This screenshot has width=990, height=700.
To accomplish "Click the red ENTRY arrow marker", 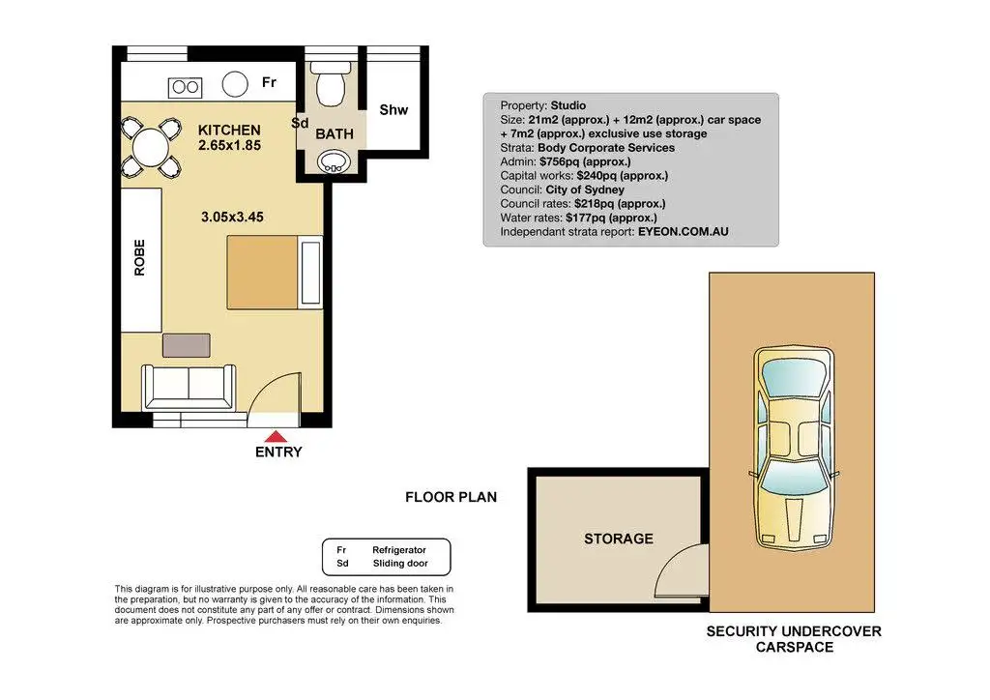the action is [276, 436].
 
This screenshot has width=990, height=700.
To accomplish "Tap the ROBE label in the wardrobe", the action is [139, 257].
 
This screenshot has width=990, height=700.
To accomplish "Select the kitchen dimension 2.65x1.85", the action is [229, 145].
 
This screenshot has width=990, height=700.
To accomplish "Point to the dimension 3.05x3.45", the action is [232, 218].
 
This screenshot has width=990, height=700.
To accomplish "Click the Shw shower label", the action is [393, 110].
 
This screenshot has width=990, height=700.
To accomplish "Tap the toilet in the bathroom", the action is [331, 83].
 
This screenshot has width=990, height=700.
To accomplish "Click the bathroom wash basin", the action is [334, 161].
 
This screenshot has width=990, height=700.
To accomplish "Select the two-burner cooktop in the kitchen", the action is [185, 87].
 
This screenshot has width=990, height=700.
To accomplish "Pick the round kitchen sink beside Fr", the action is [235, 84].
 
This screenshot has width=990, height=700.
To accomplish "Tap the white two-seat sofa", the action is [189, 387].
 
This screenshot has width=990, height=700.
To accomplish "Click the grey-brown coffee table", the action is [187, 345].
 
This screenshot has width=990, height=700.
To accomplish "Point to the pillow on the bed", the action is [311, 272].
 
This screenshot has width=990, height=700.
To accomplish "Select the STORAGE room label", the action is [619, 540].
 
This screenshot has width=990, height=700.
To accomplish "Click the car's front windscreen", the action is [794, 481].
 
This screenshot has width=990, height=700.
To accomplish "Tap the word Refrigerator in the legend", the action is [399, 550].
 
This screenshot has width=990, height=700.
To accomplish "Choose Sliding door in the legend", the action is [400, 563].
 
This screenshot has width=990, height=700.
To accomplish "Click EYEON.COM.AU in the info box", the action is [684, 232].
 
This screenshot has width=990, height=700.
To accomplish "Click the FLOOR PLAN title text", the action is [451, 497].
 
